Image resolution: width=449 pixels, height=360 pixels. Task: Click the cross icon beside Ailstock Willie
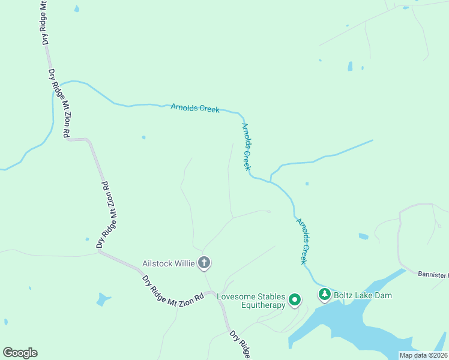[204, 263]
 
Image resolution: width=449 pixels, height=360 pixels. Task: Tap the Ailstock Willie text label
[169, 263]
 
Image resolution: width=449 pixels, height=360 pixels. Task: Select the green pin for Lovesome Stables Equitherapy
[294, 299]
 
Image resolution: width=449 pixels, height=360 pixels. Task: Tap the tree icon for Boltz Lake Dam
[325, 295]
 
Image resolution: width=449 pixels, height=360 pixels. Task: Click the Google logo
[20, 353]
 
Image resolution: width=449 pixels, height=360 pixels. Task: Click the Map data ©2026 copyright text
[423, 355]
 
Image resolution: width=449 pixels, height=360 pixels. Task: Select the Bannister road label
[433, 275]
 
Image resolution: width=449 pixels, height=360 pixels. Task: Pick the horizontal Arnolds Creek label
[195, 108]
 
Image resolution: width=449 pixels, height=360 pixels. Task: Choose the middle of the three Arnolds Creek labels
[246, 146]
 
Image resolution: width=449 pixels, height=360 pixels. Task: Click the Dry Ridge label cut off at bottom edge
[240, 344]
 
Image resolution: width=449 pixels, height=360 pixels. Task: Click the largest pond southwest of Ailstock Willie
[103, 299]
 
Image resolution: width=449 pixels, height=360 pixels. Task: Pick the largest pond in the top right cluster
[350, 66]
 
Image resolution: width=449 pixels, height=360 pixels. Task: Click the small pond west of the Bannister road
[364, 236]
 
